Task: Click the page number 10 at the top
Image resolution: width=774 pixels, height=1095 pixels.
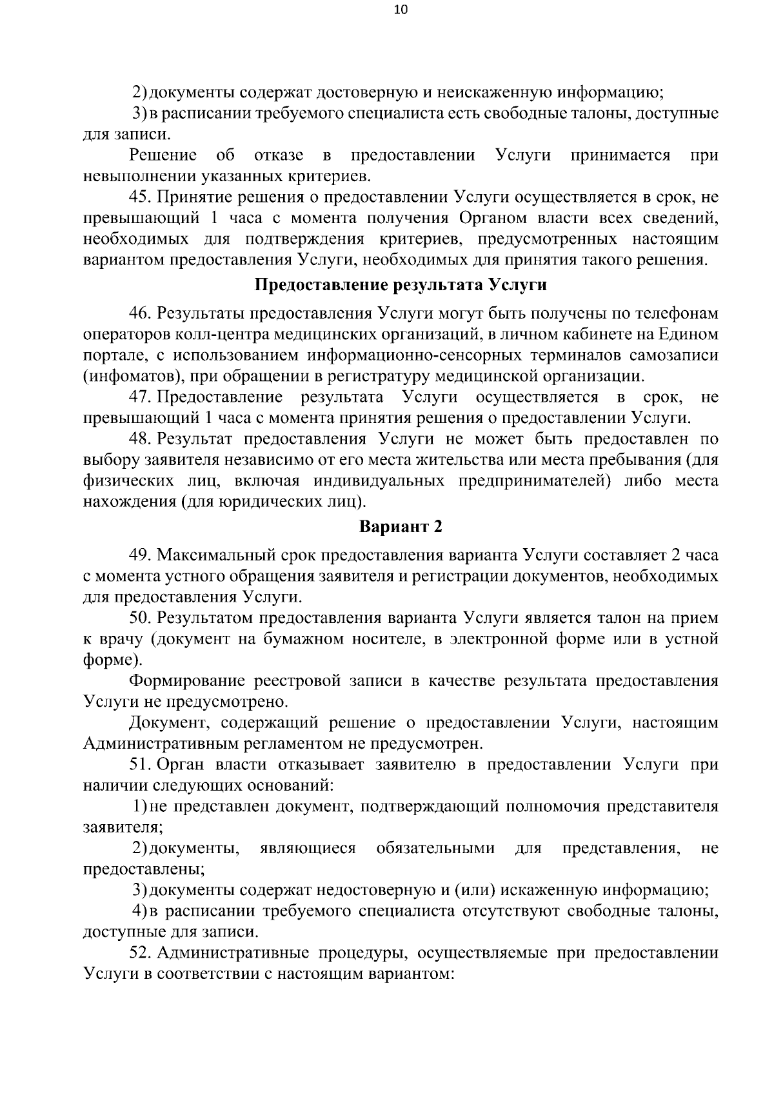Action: point(401,10)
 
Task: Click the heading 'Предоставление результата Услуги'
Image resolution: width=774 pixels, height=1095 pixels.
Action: point(401,285)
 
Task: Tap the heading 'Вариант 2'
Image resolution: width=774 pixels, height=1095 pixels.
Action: point(401,527)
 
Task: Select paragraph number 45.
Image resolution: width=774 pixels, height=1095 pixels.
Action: point(139,197)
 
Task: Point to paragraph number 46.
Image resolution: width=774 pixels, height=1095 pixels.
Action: point(139,313)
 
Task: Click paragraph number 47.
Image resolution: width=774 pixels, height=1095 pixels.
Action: point(139,397)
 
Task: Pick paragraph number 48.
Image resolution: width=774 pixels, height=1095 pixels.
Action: point(139,440)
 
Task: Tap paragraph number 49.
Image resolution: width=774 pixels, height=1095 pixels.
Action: point(139,555)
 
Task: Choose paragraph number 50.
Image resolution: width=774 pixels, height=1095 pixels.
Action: point(139,618)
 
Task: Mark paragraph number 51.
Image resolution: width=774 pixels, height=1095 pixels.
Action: point(139,765)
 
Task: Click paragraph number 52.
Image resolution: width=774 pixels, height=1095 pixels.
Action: point(139,953)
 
